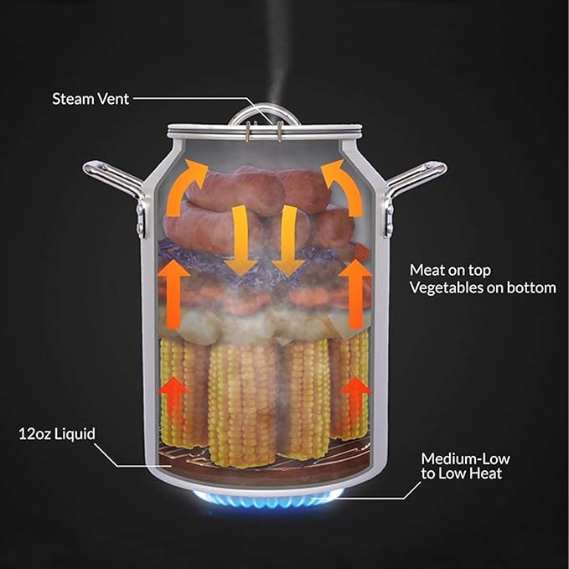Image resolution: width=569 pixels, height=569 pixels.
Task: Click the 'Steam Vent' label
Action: [91, 99]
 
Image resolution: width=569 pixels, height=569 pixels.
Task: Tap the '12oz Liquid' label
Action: [57, 434]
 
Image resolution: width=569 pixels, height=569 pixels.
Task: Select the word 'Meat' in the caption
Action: [427, 270]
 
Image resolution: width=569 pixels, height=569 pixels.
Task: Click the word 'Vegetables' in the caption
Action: [447, 287]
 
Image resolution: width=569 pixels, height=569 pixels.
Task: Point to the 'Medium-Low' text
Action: [466, 458]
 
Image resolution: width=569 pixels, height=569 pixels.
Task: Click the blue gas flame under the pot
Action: [268, 499]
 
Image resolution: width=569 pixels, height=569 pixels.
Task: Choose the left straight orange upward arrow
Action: [173, 294]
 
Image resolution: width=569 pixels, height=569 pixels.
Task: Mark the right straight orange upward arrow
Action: [355, 294]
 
